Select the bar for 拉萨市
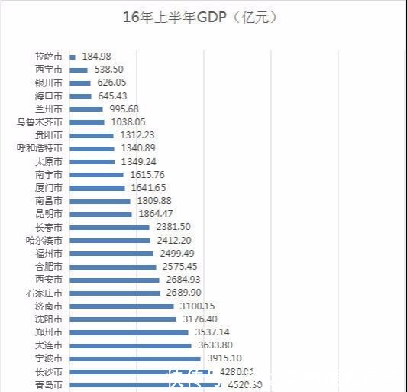(x=73, y=56)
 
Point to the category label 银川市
(x=50, y=82)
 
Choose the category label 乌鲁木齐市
(x=40, y=121)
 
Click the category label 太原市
(x=50, y=161)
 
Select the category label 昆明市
(x=50, y=214)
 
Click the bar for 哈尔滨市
(x=110, y=240)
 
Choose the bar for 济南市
(x=121, y=306)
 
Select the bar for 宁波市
(x=135, y=358)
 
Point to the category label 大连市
(x=50, y=345)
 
